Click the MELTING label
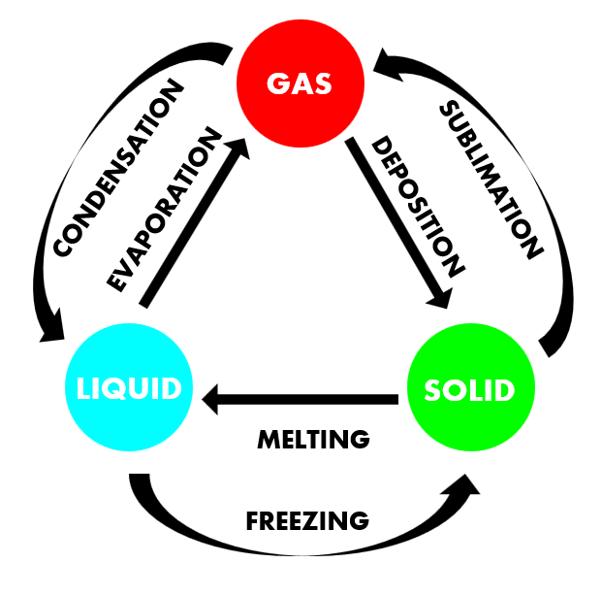313,439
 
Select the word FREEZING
307,519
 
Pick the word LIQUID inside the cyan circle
129,389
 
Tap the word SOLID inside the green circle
470,390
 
